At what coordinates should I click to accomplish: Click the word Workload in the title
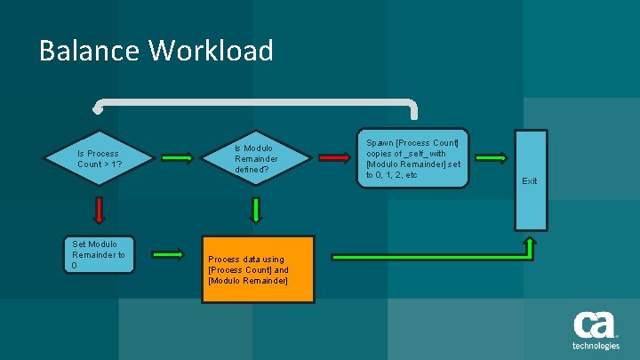coord(212,51)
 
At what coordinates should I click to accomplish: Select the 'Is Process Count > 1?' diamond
coord(99,159)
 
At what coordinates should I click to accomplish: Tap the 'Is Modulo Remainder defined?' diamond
coord(256,158)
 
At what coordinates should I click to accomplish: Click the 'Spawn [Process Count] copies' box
coord(412,158)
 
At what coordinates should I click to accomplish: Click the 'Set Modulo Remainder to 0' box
coord(99,254)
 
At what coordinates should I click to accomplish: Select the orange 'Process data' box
coord(257,269)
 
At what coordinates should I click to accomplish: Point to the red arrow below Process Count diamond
coord(99,210)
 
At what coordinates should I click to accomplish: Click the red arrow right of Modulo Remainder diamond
coord(334,158)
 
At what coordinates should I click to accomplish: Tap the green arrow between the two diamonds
coord(177,158)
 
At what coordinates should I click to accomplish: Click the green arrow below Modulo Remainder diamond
coord(256,210)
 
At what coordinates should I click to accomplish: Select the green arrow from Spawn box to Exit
coord(491,158)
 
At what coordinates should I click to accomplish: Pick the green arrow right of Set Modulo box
coord(167,254)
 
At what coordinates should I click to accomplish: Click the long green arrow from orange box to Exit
coord(427,257)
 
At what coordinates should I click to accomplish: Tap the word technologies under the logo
coord(596,346)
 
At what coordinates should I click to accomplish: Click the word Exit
coord(530,181)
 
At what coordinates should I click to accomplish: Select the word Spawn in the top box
coord(380,142)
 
